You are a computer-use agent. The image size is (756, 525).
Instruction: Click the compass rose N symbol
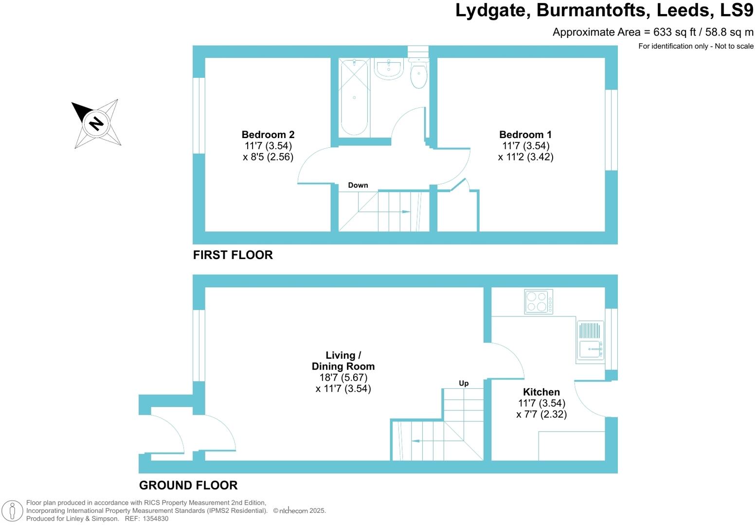point(96,123)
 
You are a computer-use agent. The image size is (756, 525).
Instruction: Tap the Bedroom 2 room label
point(268,135)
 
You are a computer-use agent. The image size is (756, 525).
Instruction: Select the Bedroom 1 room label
point(525,135)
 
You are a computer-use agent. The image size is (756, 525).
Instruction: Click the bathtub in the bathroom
point(354,98)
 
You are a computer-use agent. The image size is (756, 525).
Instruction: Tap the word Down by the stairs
point(358,185)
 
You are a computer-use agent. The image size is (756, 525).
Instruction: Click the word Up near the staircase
point(464,384)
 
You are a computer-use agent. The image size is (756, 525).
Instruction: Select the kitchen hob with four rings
point(539,301)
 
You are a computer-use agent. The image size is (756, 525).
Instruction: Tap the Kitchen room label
point(541,392)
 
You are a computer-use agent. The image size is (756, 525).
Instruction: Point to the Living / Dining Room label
point(343,361)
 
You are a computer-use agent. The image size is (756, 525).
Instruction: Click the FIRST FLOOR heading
point(233,255)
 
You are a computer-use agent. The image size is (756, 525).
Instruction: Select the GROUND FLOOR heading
point(188,485)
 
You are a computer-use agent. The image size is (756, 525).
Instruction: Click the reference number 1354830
point(156,519)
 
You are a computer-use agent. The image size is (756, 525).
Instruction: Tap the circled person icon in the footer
point(13,511)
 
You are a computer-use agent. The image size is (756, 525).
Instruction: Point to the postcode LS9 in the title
point(737,10)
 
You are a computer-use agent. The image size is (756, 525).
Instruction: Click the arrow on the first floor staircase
point(384,212)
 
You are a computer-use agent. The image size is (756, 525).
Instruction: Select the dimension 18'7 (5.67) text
point(343,377)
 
